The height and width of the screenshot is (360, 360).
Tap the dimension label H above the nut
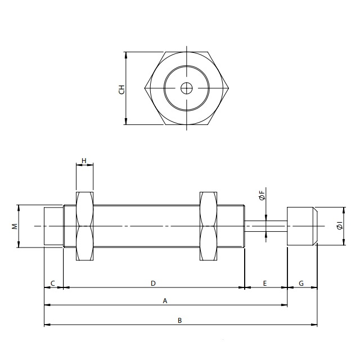pos(84,161)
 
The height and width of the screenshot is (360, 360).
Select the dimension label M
pos(15,226)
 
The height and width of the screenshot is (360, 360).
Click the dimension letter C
pos(53,283)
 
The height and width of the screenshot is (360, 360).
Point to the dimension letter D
pos(153,283)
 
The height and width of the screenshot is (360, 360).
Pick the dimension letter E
pos(264,283)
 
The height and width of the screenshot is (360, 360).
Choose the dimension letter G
pos(301,283)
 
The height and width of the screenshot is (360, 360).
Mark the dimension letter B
pos(179,321)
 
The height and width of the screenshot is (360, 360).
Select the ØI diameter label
pos(339,226)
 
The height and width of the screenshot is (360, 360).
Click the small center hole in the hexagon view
pos(186,88)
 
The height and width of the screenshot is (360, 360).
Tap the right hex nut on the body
pos(208,226)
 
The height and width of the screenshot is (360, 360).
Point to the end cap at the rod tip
pos(302,226)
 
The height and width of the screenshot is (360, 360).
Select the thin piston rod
pos(266,226)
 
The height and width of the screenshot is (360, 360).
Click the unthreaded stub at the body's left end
pos(54,226)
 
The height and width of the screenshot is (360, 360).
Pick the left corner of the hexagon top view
pos(145,88)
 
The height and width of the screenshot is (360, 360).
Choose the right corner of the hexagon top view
pos(228,88)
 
